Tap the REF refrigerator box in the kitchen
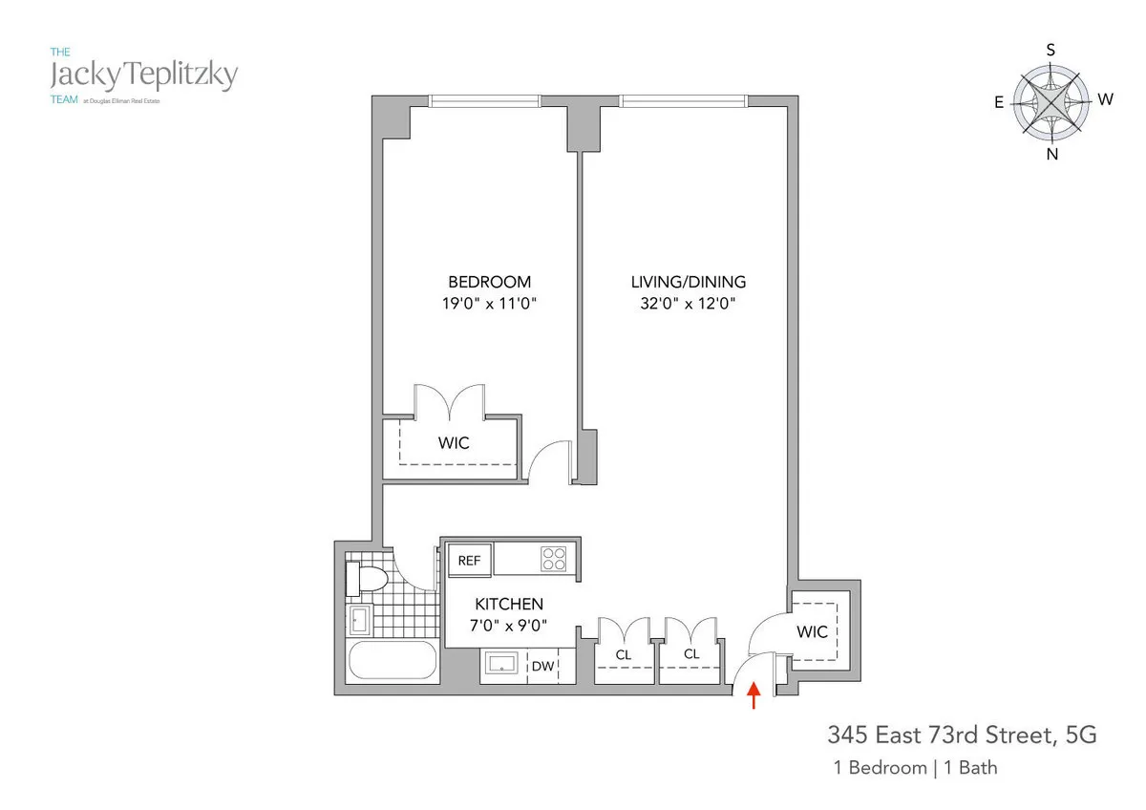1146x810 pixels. coord(469,561)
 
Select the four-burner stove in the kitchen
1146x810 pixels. coord(554,559)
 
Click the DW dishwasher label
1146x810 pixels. coord(542,666)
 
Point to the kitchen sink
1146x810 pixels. coord(501,664)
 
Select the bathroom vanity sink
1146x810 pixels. coord(359,620)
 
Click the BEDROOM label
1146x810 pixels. coord(489,282)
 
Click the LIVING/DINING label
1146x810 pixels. coord(688,282)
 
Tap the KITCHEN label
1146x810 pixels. coord(510,604)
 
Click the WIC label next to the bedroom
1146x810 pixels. coord(454,443)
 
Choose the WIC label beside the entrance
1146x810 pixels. coord(813,631)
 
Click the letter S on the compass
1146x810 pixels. coord(1050,50)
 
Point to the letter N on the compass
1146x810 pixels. coord(1052,155)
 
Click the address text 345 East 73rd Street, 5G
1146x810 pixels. coord(962,735)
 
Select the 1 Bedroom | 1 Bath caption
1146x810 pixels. coord(915,767)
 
